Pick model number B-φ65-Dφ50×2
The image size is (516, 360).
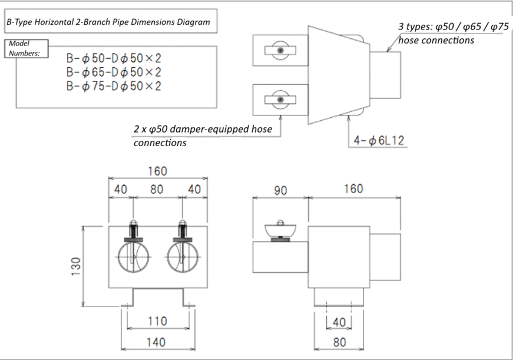point(114,72)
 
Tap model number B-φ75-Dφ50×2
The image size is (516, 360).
point(114,86)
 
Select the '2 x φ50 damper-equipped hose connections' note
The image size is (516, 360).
point(203,136)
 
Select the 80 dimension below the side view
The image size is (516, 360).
point(339,342)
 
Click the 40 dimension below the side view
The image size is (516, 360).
point(339,322)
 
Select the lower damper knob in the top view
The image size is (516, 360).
point(280,101)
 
